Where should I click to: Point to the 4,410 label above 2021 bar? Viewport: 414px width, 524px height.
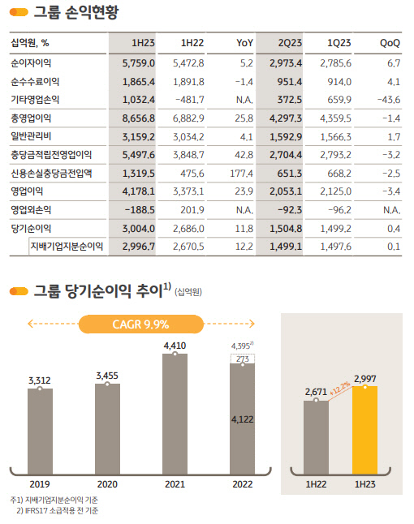click(175, 345)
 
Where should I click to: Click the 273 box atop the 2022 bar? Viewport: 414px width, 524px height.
click(243, 358)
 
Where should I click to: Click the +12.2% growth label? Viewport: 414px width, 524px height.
click(343, 387)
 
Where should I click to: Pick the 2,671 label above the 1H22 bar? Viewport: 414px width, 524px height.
click(315, 393)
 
